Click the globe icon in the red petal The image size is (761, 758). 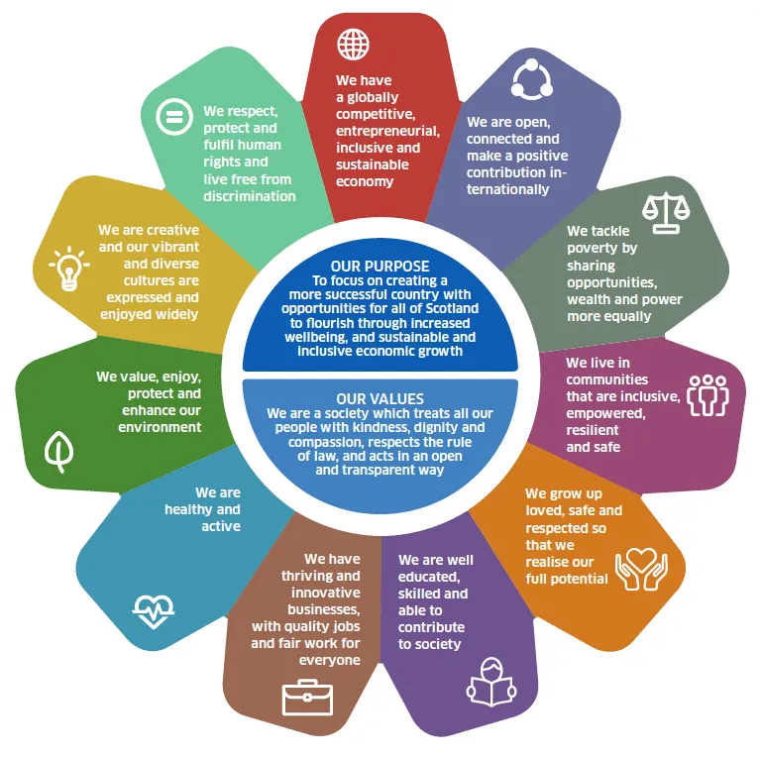(x=354, y=45)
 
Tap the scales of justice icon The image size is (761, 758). (x=666, y=213)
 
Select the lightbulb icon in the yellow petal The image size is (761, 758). (x=69, y=269)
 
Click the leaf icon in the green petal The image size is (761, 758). (x=58, y=451)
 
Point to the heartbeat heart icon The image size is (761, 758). (x=154, y=611)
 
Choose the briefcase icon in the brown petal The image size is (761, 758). (x=307, y=698)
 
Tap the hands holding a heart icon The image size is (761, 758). (x=641, y=569)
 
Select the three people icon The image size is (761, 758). (x=708, y=395)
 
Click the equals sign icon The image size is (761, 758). (x=174, y=117)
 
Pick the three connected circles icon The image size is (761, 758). (x=531, y=79)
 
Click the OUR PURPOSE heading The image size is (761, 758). (x=380, y=266)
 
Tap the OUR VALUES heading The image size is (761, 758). (x=380, y=399)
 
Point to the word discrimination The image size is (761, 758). (x=250, y=196)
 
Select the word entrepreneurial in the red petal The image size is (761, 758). (x=387, y=131)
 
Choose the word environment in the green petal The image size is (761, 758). (x=160, y=427)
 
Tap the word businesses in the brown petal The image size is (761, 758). (x=324, y=609)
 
